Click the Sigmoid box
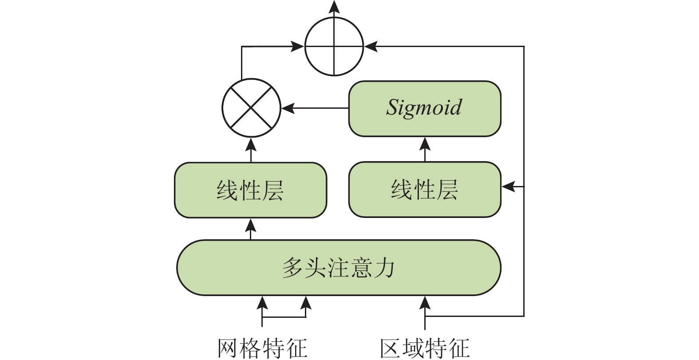[x=425, y=108]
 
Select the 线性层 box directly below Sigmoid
[x=425, y=190]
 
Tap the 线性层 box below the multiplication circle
[x=250, y=190]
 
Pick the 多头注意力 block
[x=339, y=268]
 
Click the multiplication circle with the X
[x=251, y=108]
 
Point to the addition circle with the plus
[x=334, y=46]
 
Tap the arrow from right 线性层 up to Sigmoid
[x=425, y=149]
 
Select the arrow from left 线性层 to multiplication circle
[x=251, y=150]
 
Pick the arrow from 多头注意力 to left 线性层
[x=251, y=229]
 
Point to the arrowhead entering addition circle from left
[x=297, y=46]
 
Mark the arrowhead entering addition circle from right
[x=371, y=46]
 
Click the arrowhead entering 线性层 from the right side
[x=508, y=186]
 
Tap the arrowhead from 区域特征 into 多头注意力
[x=425, y=303]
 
